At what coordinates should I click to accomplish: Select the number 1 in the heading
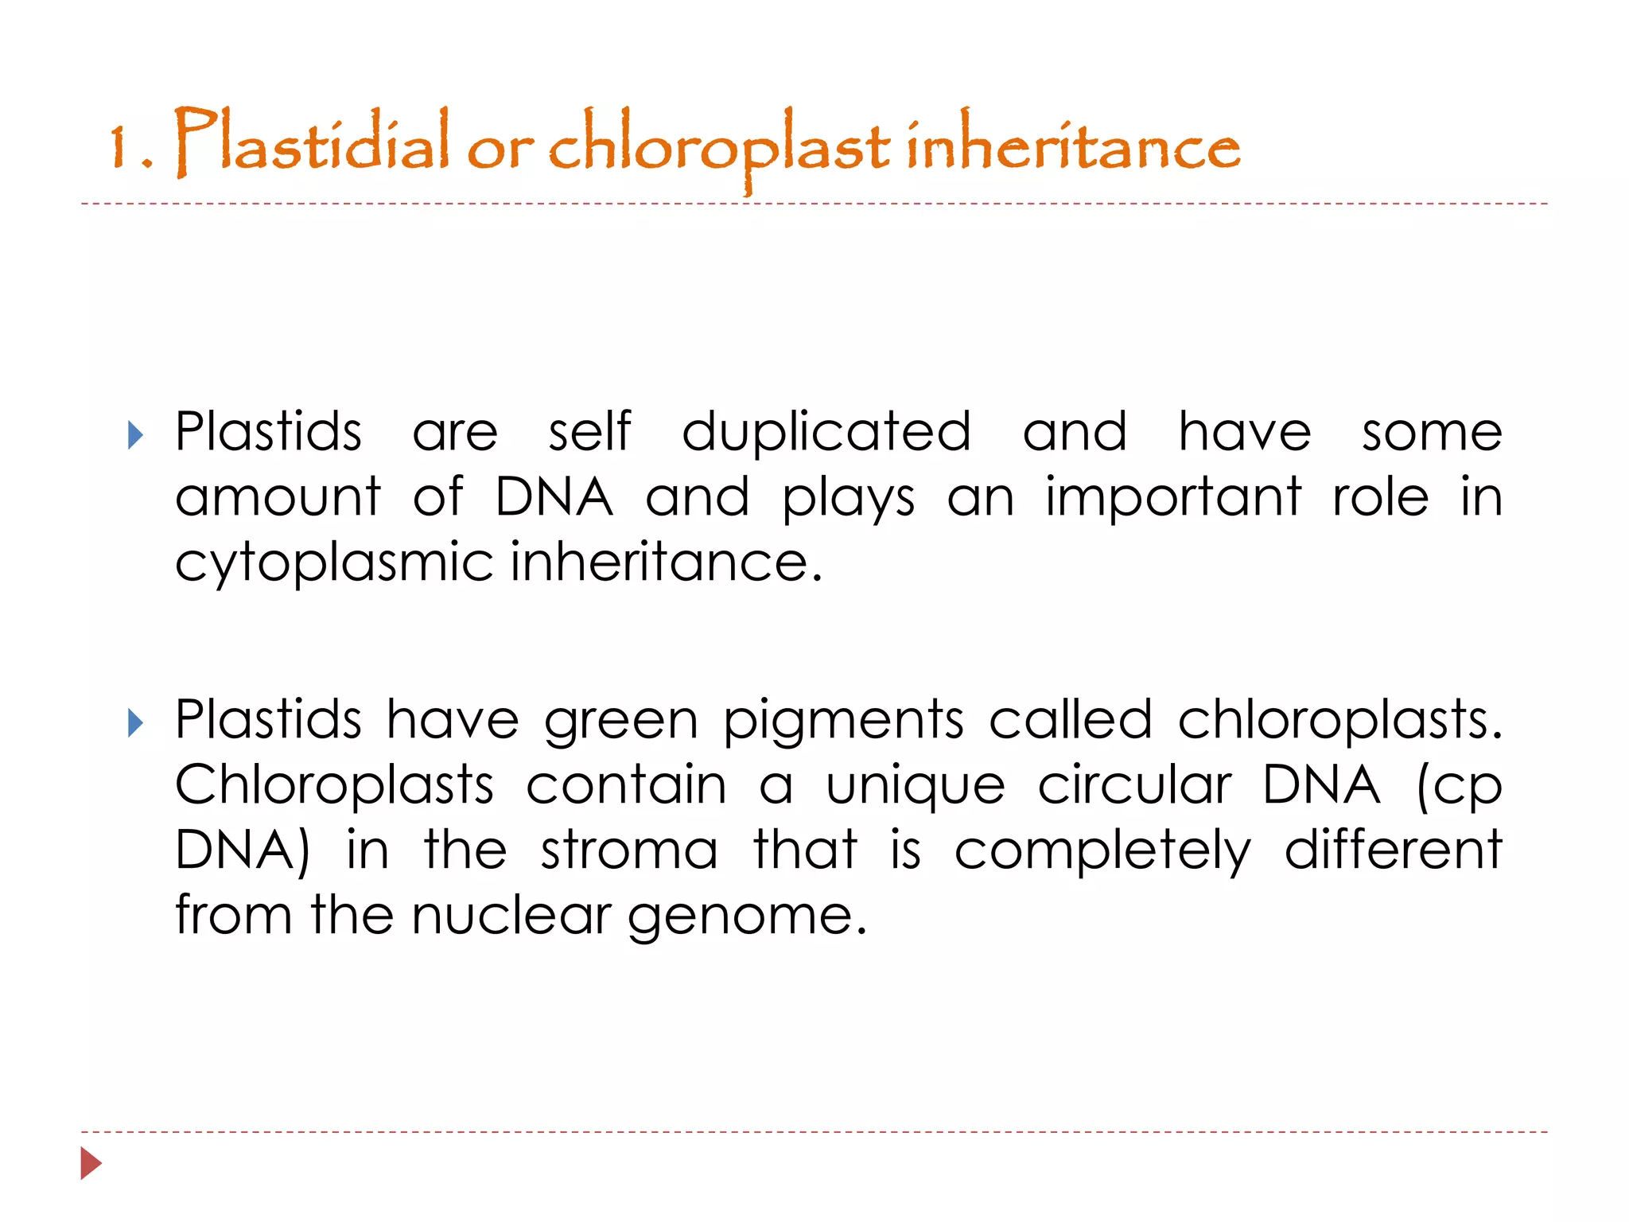119,147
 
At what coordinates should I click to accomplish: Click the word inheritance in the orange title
1073,143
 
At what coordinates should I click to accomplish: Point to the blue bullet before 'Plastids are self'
136,435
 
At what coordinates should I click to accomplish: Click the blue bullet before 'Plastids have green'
136,723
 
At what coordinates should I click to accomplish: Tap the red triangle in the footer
91,1163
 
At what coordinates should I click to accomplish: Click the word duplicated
826,433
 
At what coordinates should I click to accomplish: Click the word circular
1135,786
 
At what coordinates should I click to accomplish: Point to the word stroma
629,850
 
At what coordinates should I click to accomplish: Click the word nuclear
511,916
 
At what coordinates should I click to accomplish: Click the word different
1393,850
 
